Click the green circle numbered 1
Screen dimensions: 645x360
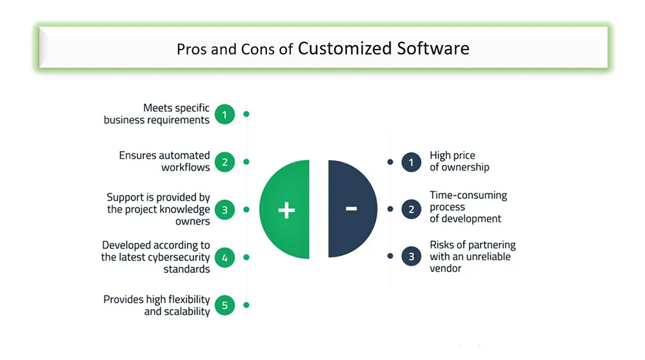pyautogui.click(x=224, y=114)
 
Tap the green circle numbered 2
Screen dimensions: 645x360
pyautogui.click(x=224, y=162)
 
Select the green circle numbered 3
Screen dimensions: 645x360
pyautogui.click(x=224, y=210)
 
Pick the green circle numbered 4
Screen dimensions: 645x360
pyautogui.click(x=224, y=257)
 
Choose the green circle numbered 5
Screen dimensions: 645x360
pyautogui.click(x=224, y=305)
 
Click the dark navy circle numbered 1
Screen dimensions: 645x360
pyautogui.click(x=412, y=162)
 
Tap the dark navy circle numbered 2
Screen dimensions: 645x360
pyautogui.click(x=412, y=210)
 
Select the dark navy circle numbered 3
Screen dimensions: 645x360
pyautogui.click(x=412, y=256)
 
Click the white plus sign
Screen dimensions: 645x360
pyautogui.click(x=287, y=210)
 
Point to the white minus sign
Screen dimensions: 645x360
pyautogui.click(x=352, y=209)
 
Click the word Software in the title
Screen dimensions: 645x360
pyautogui.click(x=433, y=48)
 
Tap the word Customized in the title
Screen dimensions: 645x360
pyautogui.click(x=344, y=48)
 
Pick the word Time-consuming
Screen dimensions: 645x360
pyautogui.click(x=468, y=195)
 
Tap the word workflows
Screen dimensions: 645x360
pyautogui.click(x=186, y=168)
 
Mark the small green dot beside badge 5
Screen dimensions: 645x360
pyautogui.click(x=246, y=305)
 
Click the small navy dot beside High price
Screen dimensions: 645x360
pyautogui.click(x=390, y=162)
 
